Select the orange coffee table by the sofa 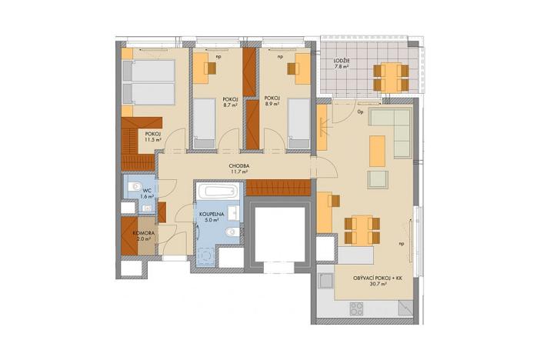[376, 150]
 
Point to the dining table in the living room [359, 227]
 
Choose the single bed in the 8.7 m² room [204, 123]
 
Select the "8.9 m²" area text [271, 105]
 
